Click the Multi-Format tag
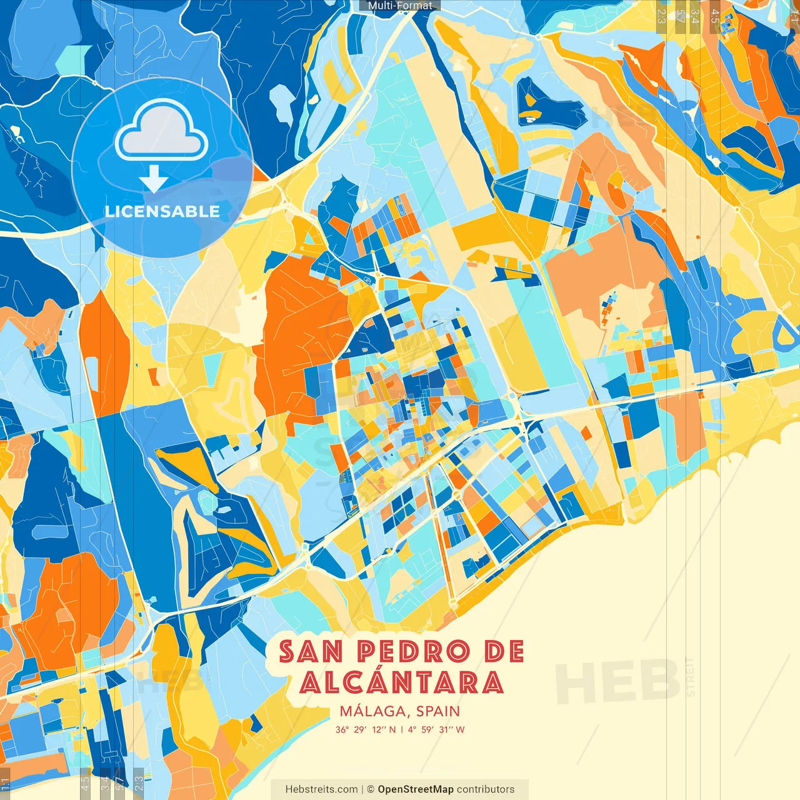400,6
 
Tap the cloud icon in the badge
162,131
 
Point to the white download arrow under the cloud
154,179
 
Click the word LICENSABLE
162,211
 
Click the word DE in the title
504,652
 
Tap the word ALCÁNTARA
401,682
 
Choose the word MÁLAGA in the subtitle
374,711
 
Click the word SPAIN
438,711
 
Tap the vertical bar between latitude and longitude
401,729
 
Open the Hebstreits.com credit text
321,789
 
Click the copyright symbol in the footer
370,789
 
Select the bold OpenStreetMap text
416,789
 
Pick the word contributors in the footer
486,789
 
